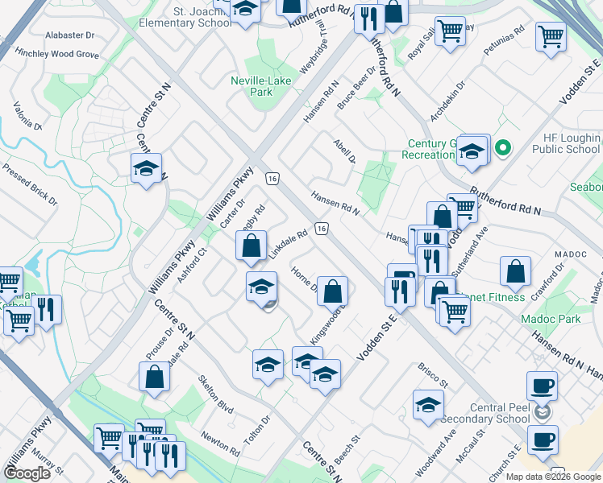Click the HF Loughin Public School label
566,143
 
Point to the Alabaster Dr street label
69,35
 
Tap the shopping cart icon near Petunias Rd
551,36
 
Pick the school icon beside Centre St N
146,169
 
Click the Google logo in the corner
27,473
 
